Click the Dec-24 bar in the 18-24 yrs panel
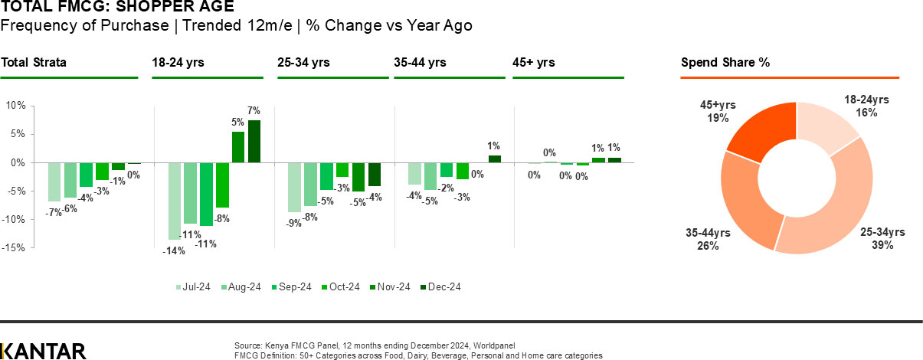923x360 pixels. (x=254, y=142)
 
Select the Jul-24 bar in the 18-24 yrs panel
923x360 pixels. (x=175, y=201)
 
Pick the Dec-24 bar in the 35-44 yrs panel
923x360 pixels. (x=494, y=159)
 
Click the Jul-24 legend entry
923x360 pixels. (x=193, y=287)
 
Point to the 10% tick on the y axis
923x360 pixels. (x=16, y=106)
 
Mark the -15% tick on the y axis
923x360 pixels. (x=15, y=248)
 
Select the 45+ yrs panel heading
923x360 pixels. (x=533, y=63)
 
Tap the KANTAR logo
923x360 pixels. (x=43, y=351)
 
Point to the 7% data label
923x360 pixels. (x=254, y=111)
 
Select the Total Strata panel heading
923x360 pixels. (x=34, y=63)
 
